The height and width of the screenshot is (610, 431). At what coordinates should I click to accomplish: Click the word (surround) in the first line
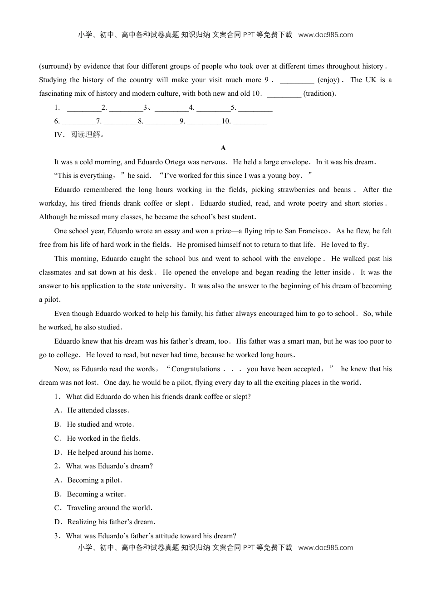point(54,66)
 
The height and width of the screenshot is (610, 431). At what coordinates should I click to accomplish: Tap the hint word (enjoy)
point(328,80)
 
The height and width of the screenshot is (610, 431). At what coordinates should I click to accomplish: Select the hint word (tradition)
point(320,93)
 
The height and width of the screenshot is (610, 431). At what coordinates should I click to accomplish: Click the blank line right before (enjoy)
point(297,80)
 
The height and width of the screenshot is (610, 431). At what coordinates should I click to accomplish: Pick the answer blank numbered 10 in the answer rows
point(250,121)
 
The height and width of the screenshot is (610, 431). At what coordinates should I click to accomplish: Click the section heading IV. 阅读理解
point(79,135)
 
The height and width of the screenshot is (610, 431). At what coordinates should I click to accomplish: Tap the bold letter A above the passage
point(223,148)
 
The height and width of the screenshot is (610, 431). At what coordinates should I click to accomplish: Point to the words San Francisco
point(306,231)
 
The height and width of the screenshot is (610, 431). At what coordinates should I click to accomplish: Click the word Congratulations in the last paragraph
point(196,369)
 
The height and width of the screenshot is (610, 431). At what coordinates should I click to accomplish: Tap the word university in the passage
point(168,286)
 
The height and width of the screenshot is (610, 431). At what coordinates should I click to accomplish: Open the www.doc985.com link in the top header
point(325,35)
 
